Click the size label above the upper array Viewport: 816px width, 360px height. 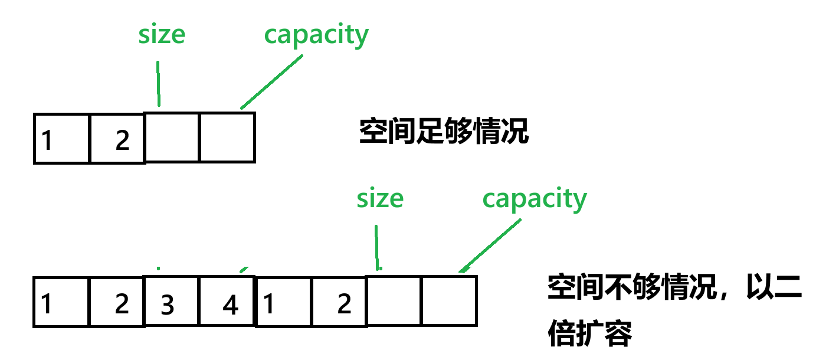pyautogui.click(x=161, y=35)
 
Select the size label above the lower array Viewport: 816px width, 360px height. pyautogui.click(x=379, y=199)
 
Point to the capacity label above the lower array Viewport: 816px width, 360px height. pyautogui.click(x=535, y=199)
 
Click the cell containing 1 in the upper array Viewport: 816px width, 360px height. pyautogui.click(x=62, y=138)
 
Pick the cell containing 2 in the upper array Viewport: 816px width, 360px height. pyautogui.click(x=117, y=138)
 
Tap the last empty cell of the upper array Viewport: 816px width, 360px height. pyautogui.click(x=227, y=137)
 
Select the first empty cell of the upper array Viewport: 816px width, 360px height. pyautogui.click(x=172, y=137)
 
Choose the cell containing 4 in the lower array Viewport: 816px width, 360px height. pyautogui.click(x=227, y=302)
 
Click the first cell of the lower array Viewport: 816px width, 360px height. pyautogui.click(x=62, y=302)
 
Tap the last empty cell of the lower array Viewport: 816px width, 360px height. pyautogui.click(x=449, y=301)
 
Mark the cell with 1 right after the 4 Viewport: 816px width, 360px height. pyautogui.click(x=283, y=302)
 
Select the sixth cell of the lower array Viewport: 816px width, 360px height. pyautogui.click(x=339, y=302)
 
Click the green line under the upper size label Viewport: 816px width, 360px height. pyautogui.click(x=158, y=83)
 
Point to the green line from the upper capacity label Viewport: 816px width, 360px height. pyautogui.click(x=271, y=82)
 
